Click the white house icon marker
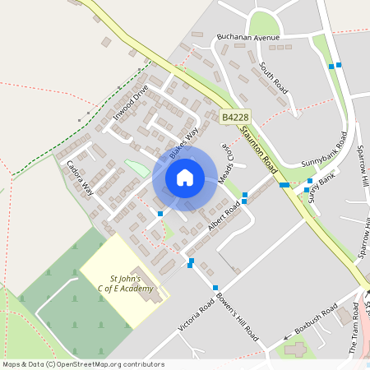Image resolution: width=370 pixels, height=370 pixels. pyautogui.click(x=184, y=178)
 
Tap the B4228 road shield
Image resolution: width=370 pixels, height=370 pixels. pyautogui.click(x=236, y=118)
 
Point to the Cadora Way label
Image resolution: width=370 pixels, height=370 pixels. pyautogui.click(x=81, y=178)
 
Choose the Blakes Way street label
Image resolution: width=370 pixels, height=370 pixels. pyautogui.click(x=184, y=143)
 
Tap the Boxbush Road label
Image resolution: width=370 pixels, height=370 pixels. pyautogui.click(x=317, y=321)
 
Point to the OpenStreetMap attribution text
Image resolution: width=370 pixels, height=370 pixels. pyautogui.click(x=83, y=364)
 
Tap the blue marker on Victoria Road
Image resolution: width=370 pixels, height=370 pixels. pyautogui.click(x=215, y=287)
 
